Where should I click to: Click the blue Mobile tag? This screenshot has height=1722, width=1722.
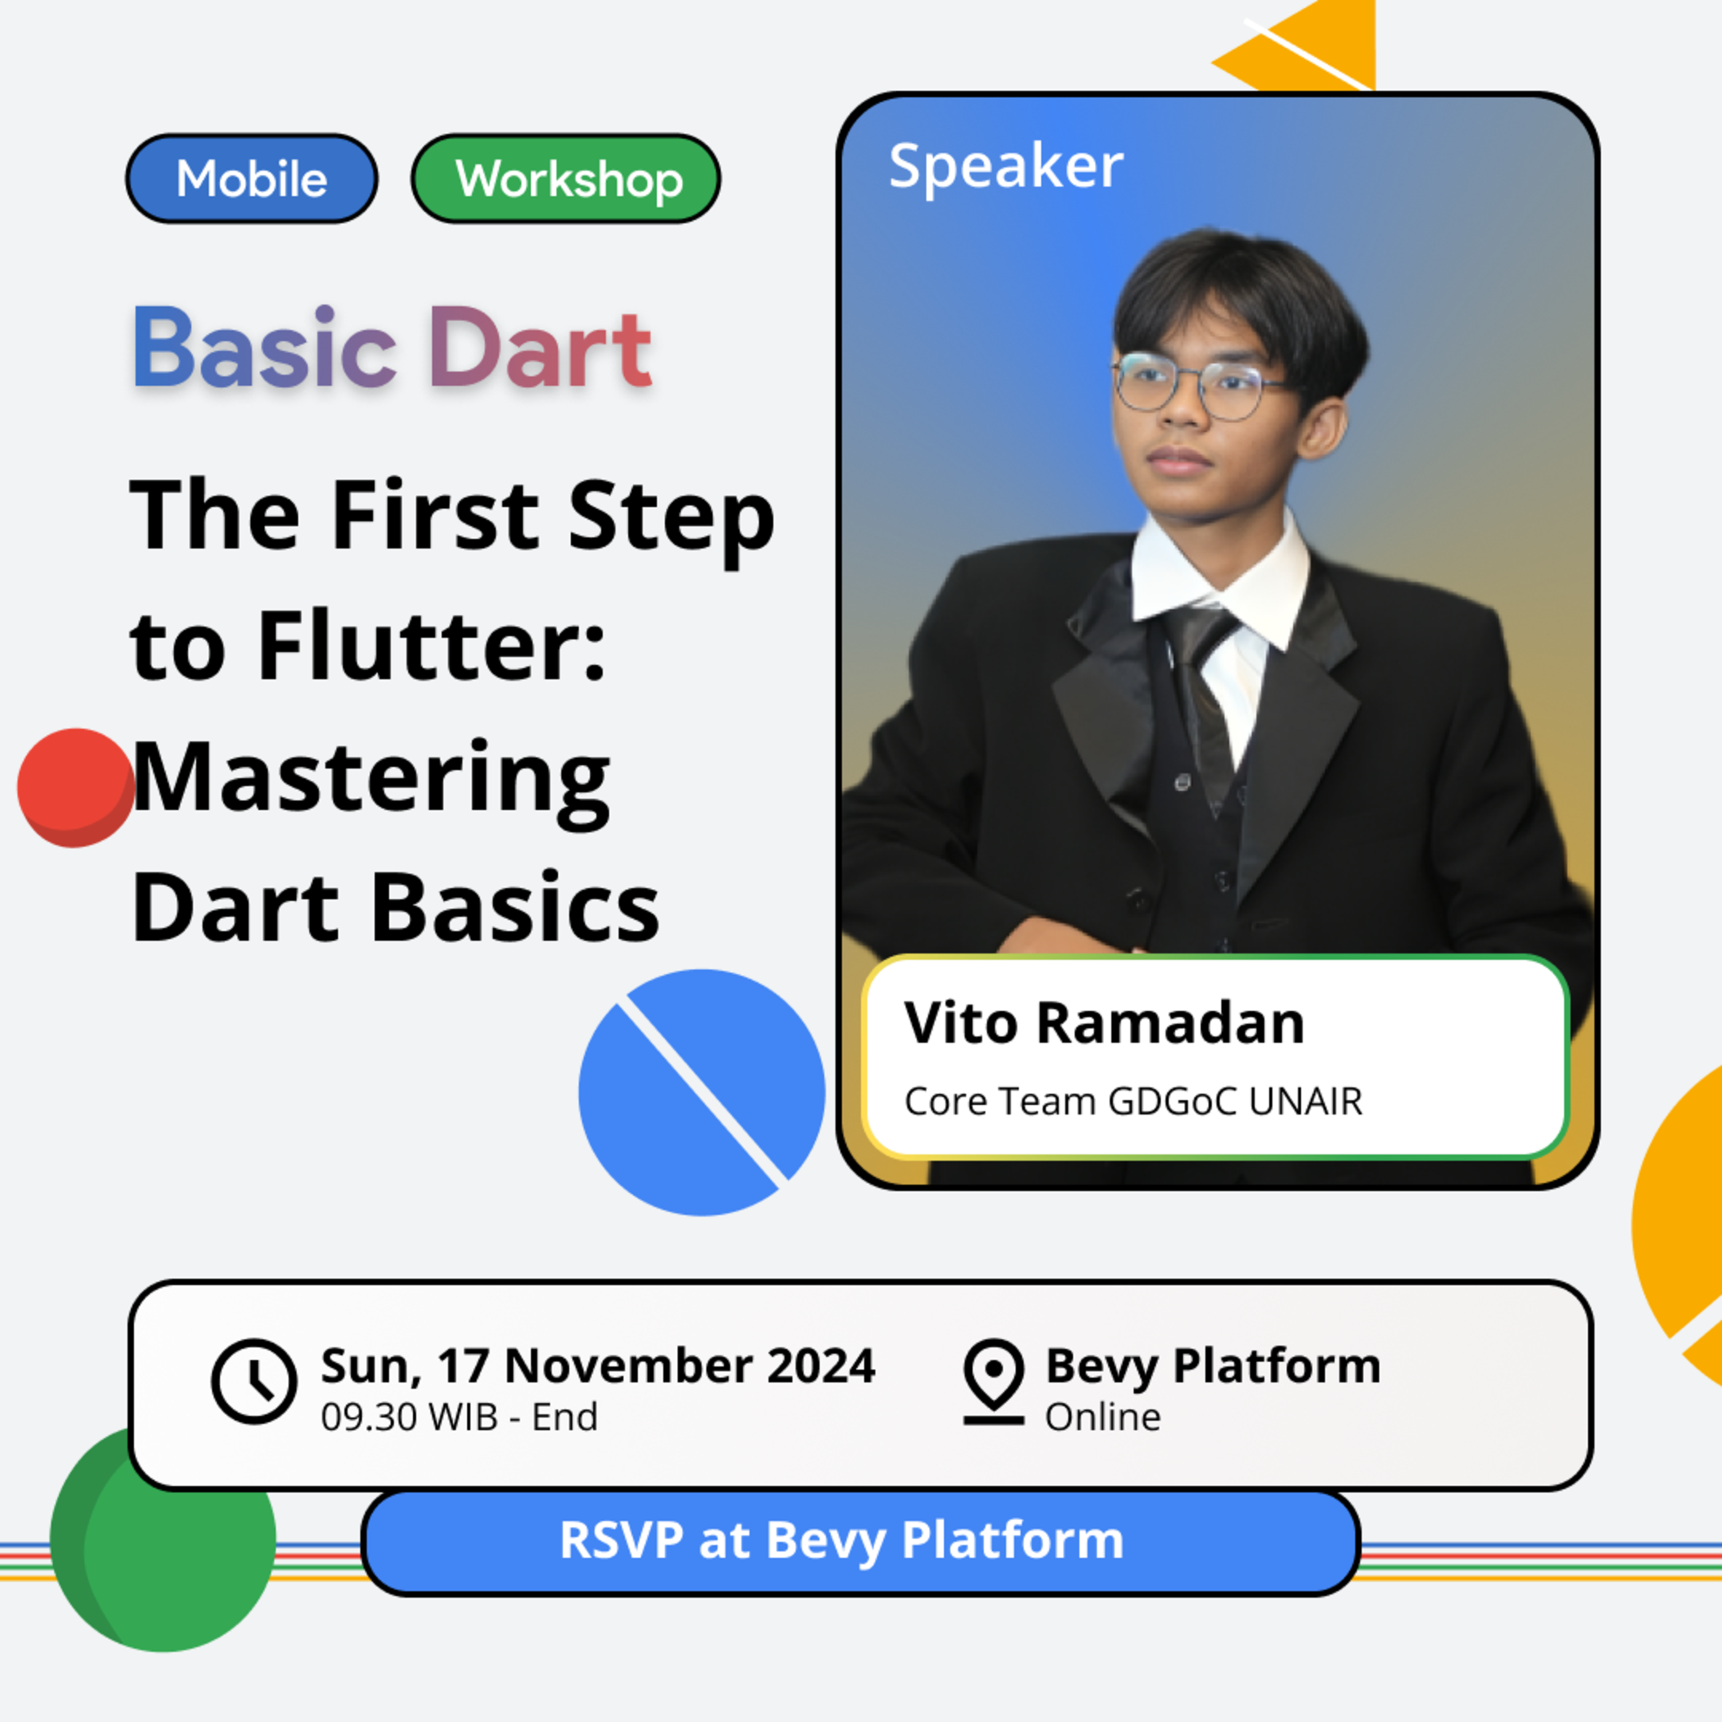(251, 179)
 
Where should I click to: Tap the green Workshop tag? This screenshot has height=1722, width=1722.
(566, 179)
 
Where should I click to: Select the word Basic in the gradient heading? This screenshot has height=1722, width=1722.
(265, 348)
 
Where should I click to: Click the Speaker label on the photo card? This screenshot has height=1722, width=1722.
(1005, 166)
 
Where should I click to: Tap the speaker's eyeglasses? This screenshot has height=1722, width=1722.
(1194, 386)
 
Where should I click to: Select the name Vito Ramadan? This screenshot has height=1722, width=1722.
(1103, 1022)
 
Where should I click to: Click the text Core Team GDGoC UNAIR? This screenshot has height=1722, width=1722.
(1133, 1102)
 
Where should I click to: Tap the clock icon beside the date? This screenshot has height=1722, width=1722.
(254, 1381)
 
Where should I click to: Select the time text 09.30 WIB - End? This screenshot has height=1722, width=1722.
(459, 1417)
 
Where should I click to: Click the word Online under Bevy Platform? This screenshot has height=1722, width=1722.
(1103, 1417)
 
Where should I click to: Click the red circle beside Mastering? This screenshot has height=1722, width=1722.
(76, 787)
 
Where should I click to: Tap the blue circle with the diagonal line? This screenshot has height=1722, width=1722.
(702, 1092)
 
